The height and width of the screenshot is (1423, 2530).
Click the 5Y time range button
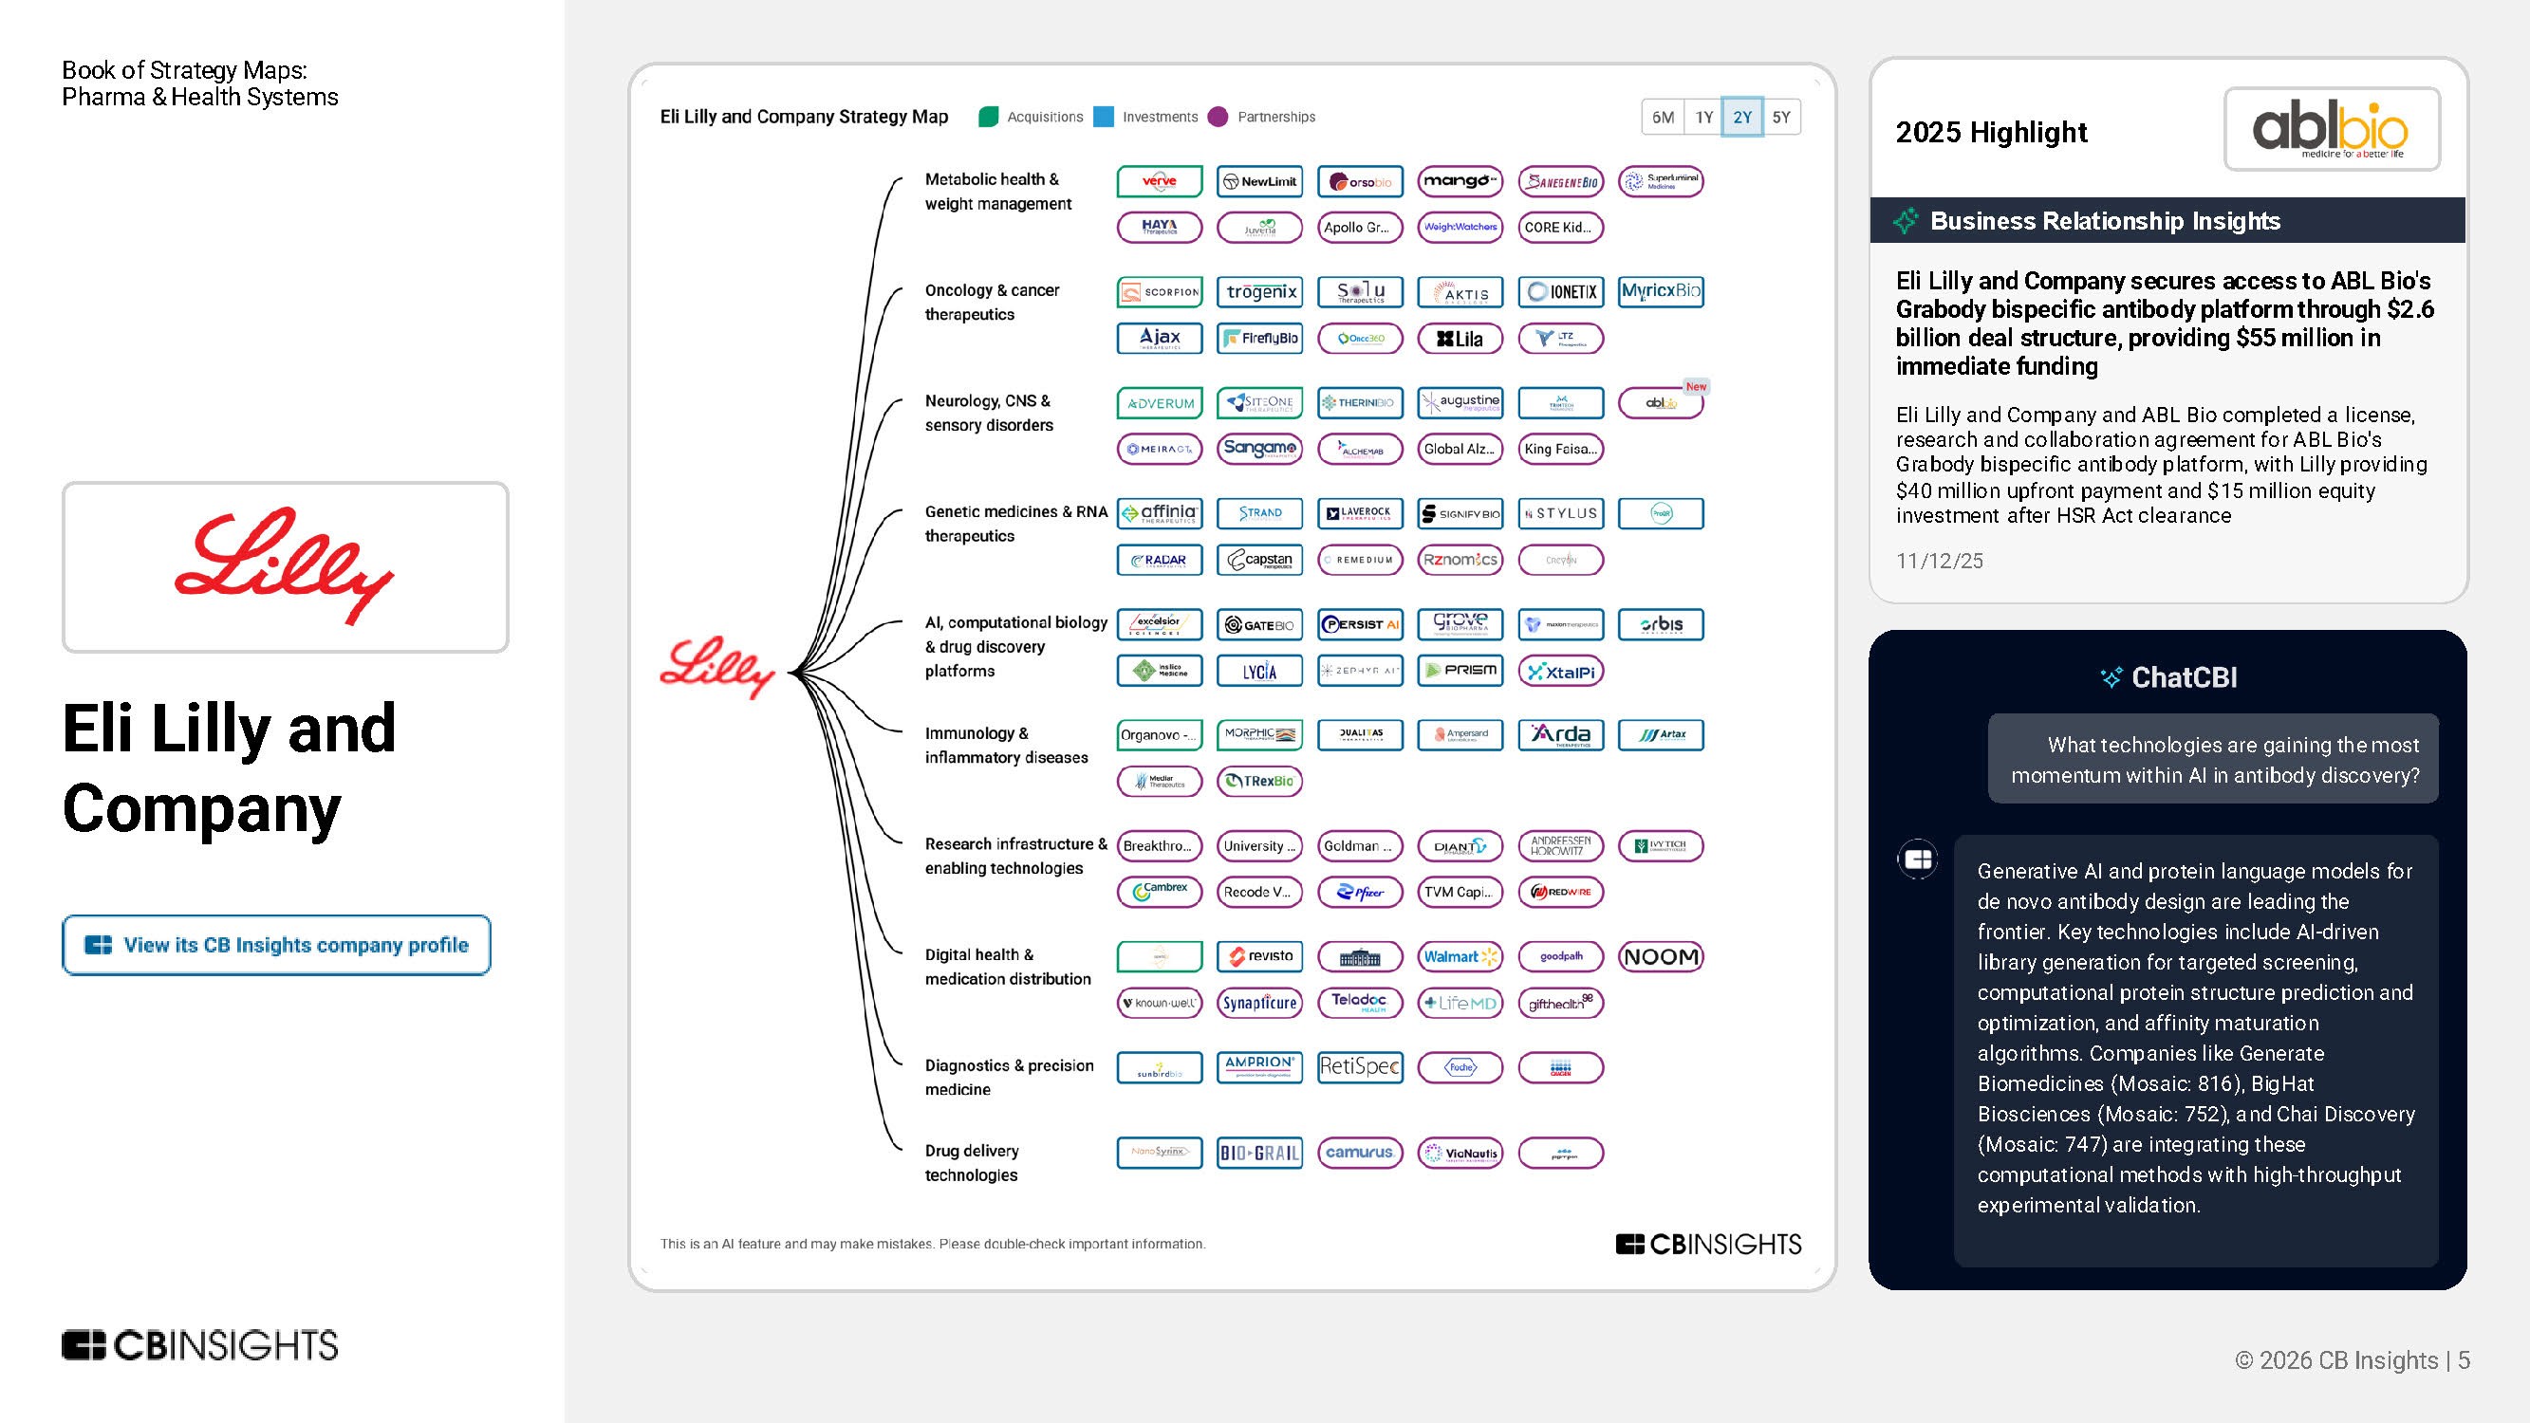coord(1780,117)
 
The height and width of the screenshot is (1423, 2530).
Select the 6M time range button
coord(1663,117)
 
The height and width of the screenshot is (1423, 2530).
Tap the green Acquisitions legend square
coord(988,117)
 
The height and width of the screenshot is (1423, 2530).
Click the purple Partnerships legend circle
coord(1218,117)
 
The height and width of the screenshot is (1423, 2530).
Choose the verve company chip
coord(1159,182)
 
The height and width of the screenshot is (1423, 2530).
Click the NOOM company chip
coord(1660,956)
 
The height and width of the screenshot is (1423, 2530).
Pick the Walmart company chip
coord(1460,956)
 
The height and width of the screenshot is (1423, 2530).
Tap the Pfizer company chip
coord(1359,892)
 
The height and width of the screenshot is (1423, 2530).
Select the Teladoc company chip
coord(1359,1003)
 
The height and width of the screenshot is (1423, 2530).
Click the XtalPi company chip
coord(1561,672)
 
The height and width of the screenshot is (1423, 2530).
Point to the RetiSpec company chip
coord(1359,1066)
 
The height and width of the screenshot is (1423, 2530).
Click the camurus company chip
coord(1359,1153)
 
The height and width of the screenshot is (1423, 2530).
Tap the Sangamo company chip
coord(1259,449)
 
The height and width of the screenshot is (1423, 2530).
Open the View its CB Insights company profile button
coord(276,945)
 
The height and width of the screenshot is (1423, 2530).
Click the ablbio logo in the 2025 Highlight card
coord(2332,130)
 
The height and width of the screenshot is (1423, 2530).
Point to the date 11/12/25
coord(1939,561)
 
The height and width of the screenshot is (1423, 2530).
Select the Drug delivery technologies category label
coord(972,1163)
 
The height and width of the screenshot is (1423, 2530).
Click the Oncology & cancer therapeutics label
coord(992,303)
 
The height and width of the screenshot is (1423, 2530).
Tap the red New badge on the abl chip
coord(1696,387)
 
